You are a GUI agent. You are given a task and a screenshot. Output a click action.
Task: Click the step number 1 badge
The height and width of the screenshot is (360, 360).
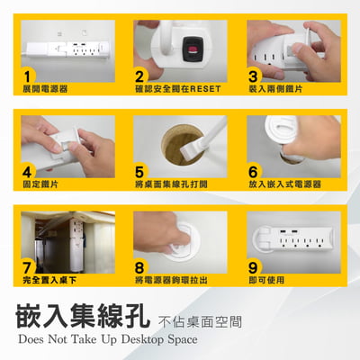point(29,76)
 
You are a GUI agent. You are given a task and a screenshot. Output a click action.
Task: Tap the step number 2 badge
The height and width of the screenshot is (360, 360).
point(141,76)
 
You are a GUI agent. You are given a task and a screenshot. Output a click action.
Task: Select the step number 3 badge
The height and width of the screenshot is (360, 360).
point(254,76)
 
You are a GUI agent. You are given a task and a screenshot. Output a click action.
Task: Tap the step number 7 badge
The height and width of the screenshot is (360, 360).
point(29,267)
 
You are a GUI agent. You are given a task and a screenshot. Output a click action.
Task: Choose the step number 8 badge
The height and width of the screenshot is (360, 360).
point(141,267)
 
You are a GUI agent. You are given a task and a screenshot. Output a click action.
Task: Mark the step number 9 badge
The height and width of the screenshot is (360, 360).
point(254,267)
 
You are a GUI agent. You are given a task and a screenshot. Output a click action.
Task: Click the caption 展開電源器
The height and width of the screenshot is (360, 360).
point(45,90)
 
